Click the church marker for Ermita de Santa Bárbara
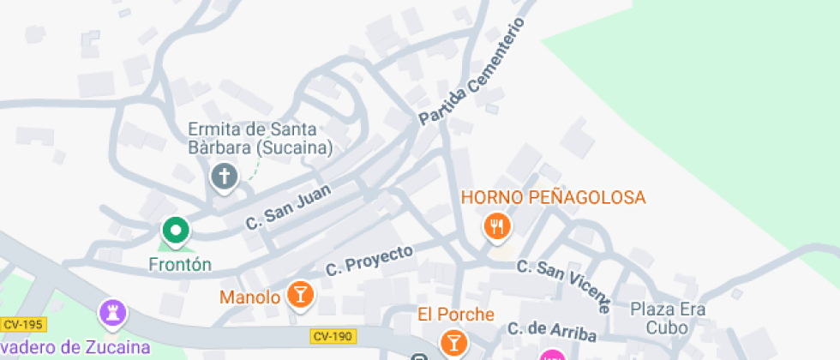(225, 177)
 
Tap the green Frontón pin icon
(176, 230)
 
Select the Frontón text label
(180, 264)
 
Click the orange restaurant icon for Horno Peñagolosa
(497, 227)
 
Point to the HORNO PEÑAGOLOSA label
(553, 198)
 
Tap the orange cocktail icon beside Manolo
(300, 294)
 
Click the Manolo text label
(250, 298)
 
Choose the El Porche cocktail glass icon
(453, 343)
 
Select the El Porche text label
(456, 315)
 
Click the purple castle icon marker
(112, 313)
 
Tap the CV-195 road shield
(23, 325)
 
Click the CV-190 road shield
(333, 336)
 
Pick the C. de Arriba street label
(551, 331)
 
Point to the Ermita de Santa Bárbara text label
(253, 139)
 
